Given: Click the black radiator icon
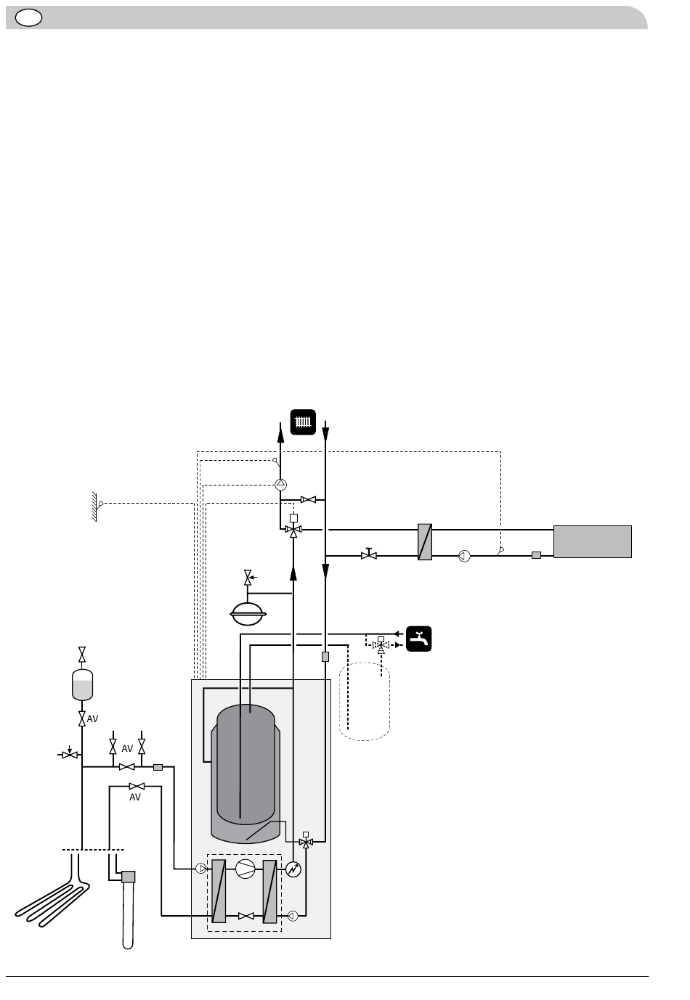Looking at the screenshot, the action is [303, 422].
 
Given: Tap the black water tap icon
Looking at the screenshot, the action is [419, 639].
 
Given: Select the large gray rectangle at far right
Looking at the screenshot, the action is [593, 541].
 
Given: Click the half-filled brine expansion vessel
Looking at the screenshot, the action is [82, 684].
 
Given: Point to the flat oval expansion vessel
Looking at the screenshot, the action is [248, 614].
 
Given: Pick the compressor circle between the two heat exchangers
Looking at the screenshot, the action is [245, 869].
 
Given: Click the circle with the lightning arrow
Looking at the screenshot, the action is [293, 869].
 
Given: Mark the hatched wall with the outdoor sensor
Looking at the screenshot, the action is [94, 507].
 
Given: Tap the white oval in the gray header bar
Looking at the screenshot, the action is [28, 18].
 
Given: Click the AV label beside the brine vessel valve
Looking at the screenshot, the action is [92, 718].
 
